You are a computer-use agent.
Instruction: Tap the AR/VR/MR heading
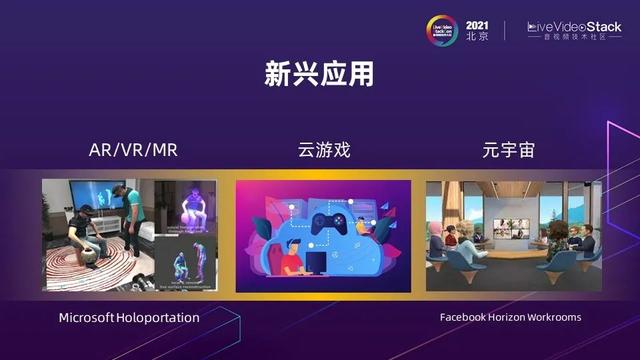127,152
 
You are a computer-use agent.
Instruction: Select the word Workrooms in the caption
553,317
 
